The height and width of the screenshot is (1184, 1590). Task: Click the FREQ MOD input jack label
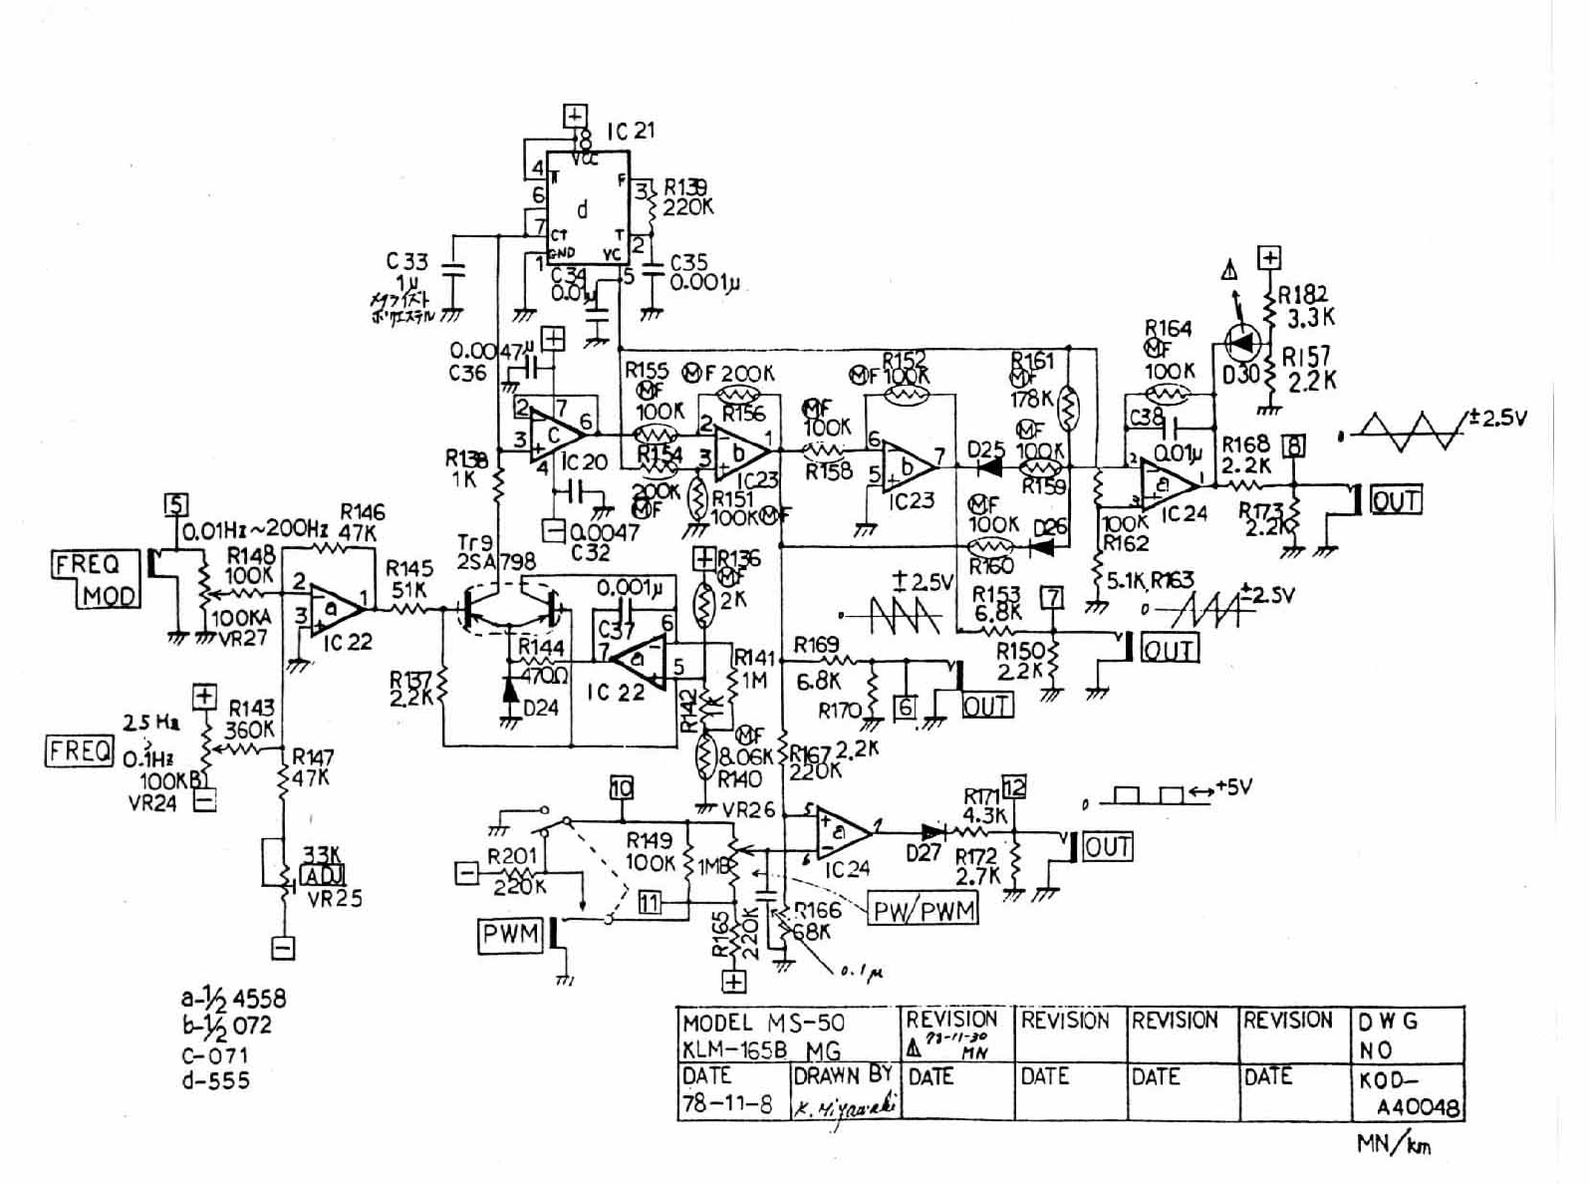97,579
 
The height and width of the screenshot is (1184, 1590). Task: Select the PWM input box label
511,935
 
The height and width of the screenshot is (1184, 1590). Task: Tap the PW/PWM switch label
924,909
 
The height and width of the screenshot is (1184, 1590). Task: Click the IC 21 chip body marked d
584,209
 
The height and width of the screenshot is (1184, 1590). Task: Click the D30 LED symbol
1241,344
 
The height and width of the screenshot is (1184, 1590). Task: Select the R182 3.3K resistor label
1305,306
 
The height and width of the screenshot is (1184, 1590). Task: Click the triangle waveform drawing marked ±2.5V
1408,429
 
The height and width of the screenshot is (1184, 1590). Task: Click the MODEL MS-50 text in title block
763,1023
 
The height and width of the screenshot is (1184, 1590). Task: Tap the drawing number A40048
1419,1107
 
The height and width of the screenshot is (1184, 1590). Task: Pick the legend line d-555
215,1080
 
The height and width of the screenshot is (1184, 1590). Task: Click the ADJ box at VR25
322,876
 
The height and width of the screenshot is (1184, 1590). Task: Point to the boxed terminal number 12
1013,786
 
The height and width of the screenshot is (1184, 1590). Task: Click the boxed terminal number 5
175,505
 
